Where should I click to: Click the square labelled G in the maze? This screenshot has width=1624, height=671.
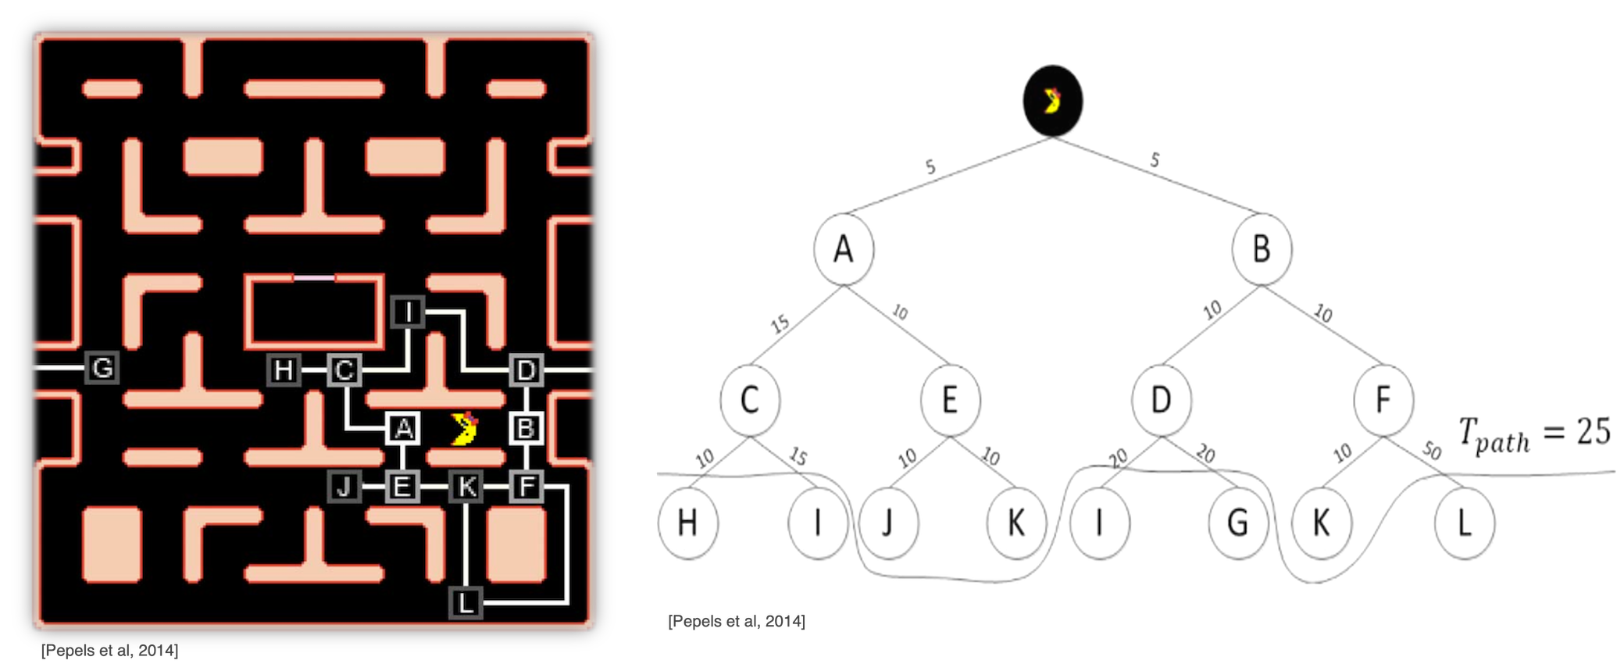[102, 367]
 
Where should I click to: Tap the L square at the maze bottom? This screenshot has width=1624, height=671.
[466, 603]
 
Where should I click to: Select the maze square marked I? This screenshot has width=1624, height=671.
[408, 312]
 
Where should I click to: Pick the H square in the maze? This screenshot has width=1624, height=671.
[284, 369]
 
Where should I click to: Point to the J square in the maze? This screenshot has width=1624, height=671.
[344, 487]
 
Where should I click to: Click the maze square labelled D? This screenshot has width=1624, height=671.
[526, 369]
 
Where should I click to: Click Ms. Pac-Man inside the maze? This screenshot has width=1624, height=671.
[466, 429]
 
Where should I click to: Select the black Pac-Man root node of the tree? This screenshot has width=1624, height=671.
[1053, 102]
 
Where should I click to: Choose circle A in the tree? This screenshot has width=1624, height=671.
[843, 250]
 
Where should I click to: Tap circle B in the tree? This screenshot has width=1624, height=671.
[1262, 250]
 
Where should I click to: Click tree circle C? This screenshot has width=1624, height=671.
[750, 400]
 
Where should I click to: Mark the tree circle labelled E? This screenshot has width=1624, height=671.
[950, 400]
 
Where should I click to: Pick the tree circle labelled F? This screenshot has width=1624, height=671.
[1383, 400]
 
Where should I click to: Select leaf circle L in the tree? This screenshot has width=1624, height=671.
[1465, 523]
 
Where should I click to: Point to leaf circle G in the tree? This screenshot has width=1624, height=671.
[1237, 523]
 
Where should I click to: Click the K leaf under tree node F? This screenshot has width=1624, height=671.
[1321, 523]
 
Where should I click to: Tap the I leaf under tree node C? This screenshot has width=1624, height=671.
[817, 523]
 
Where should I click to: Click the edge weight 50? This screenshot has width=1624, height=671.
[1432, 451]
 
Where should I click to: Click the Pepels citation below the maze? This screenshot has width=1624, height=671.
[110, 651]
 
